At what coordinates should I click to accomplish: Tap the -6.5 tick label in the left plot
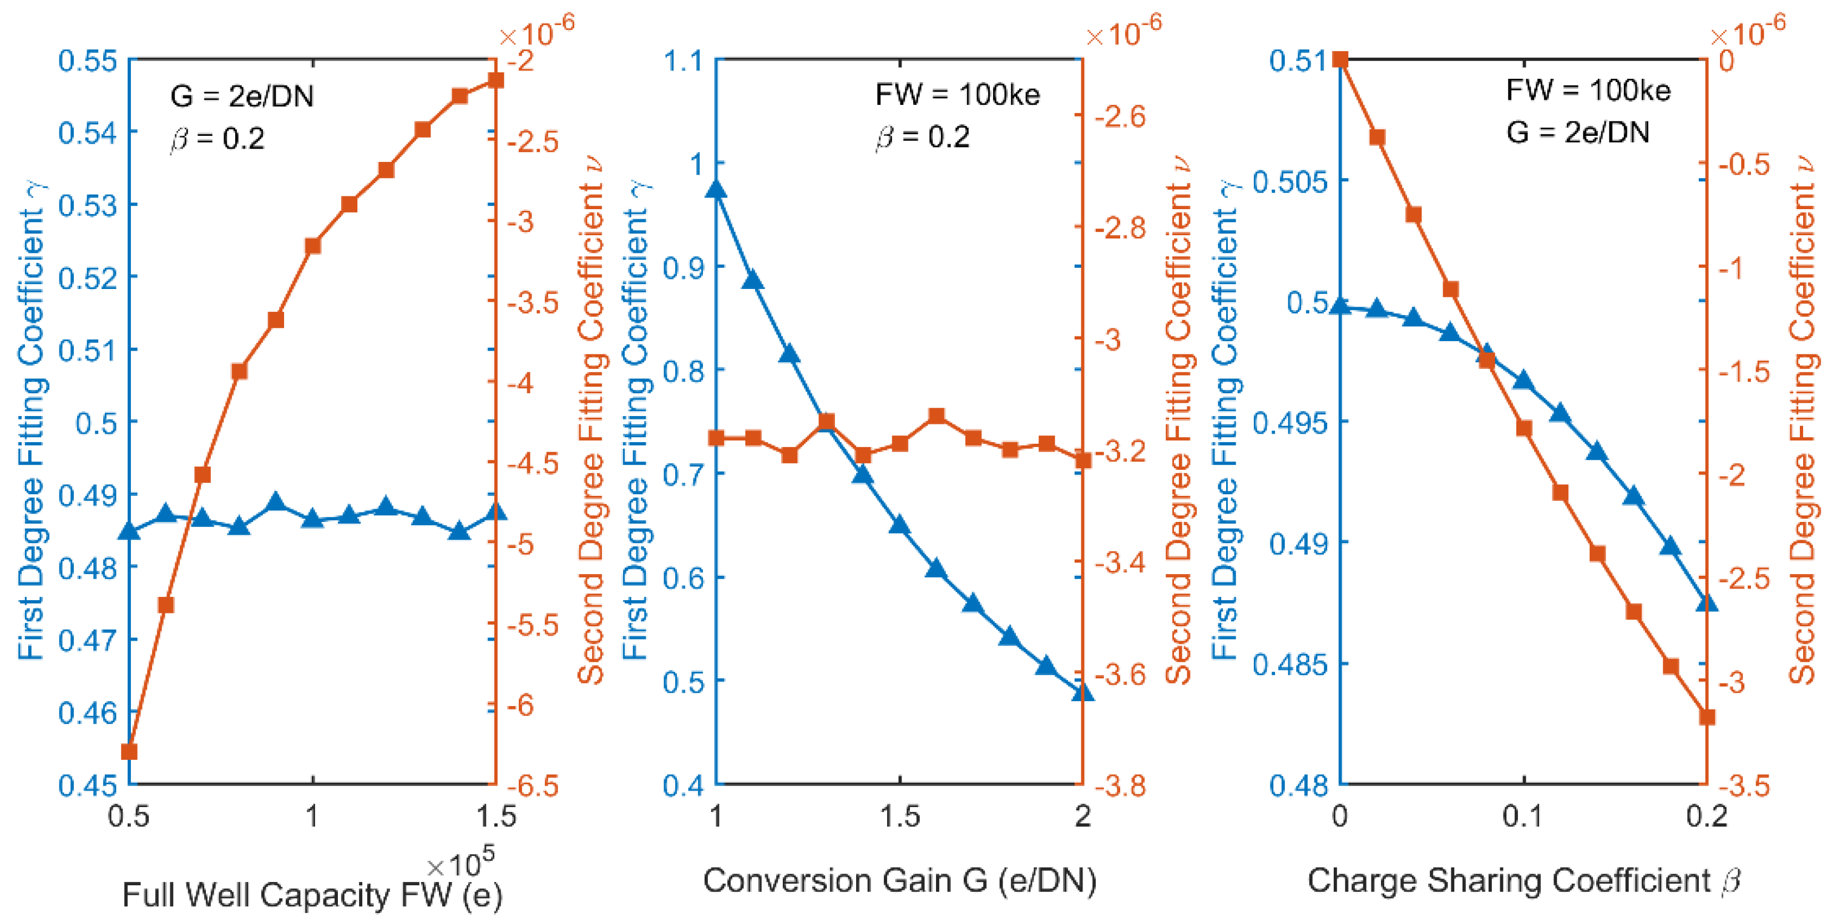(533, 785)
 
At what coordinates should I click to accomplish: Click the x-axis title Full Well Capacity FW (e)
(312, 895)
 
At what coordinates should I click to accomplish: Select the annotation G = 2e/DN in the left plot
(242, 95)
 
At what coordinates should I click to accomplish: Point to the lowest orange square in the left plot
(129, 752)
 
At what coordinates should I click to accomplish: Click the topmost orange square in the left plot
(495, 80)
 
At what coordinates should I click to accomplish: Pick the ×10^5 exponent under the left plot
(460, 863)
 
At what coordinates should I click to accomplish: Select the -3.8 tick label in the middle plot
(1120, 785)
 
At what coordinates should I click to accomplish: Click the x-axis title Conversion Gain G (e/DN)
(900, 881)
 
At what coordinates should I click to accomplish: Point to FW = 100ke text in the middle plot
(957, 94)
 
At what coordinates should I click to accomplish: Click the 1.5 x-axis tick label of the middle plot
(900, 816)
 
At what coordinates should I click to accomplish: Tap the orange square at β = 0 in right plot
(1340, 59)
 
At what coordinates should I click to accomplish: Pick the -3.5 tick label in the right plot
(1744, 785)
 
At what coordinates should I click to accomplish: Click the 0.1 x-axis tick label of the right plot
(1523, 816)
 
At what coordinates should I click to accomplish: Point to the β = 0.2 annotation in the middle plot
(923, 137)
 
